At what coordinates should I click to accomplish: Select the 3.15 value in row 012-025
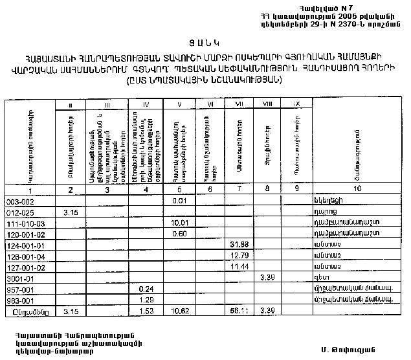coord(71,212)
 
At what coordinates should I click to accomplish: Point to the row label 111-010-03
coord(23,223)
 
